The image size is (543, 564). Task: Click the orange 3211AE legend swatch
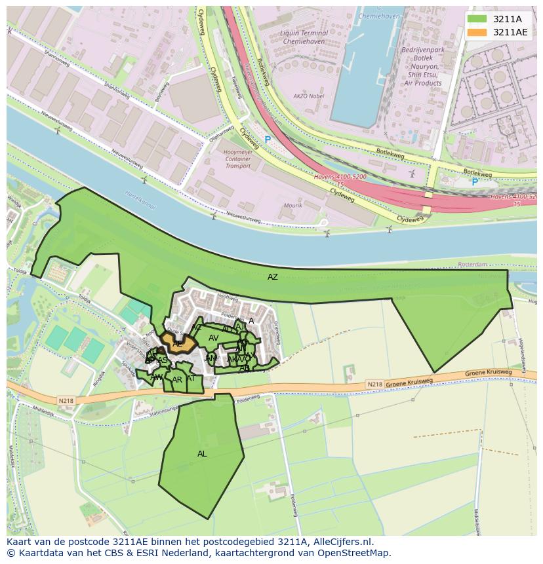tap(477, 32)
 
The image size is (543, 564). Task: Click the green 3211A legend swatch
tap(477, 19)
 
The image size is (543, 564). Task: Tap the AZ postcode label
tap(273, 277)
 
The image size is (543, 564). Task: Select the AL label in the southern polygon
tap(202, 453)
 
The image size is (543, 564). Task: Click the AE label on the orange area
tap(177, 343)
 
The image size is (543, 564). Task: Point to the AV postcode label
tap(213, 338)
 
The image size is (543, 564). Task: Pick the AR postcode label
tap(177, 380)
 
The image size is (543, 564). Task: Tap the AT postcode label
tap(191, 379)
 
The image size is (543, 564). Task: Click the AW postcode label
tap(156, 377)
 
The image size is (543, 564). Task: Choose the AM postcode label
tap(211, 358)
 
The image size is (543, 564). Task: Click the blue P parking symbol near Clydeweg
tap(268, 140)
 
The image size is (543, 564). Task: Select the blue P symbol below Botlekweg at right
tap(475, 182)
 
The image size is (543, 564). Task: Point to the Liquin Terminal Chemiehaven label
tap(304, 37)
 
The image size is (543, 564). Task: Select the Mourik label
tap(293, 206)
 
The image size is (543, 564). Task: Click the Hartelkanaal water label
tap(140, 199)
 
